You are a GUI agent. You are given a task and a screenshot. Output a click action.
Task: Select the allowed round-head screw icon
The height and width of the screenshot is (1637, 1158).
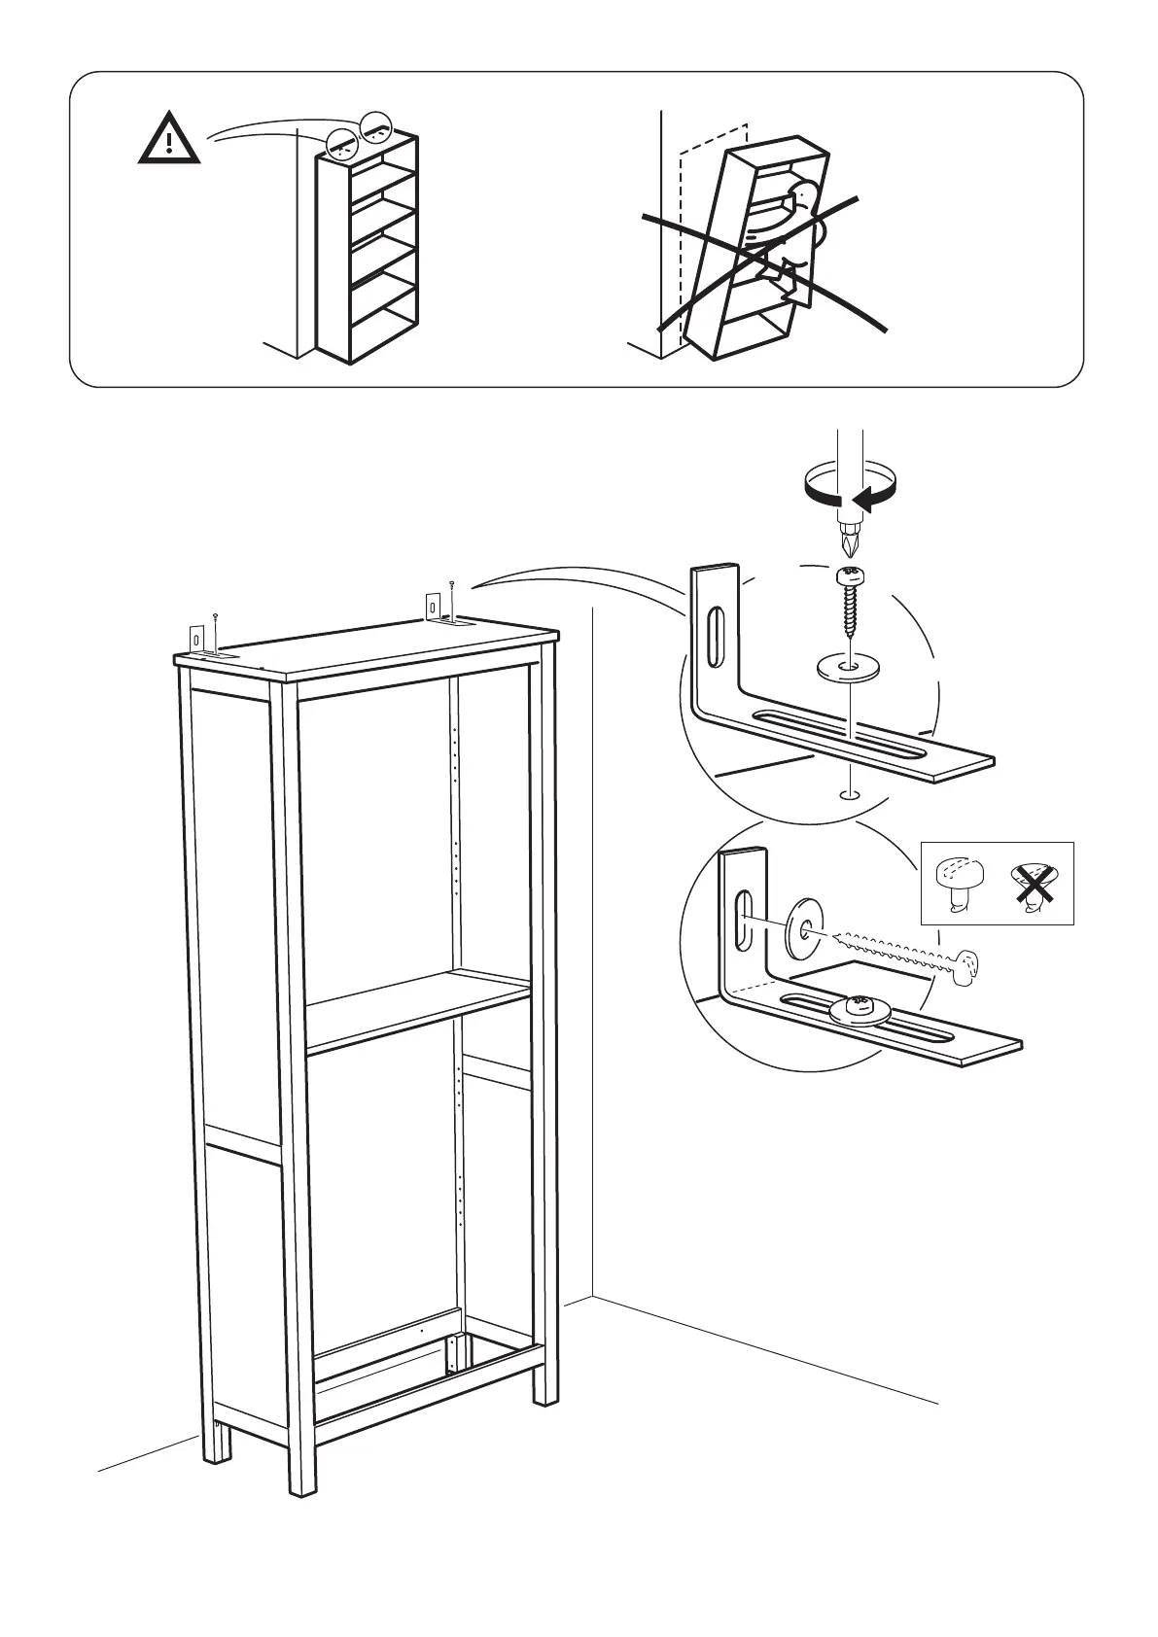958,880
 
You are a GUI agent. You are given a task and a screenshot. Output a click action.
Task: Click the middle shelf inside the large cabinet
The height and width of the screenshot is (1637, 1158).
418,1011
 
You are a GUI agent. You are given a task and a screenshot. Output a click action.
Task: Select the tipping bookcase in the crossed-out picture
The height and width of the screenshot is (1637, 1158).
758,253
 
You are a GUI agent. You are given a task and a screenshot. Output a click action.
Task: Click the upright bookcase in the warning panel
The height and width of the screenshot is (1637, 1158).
368,248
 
